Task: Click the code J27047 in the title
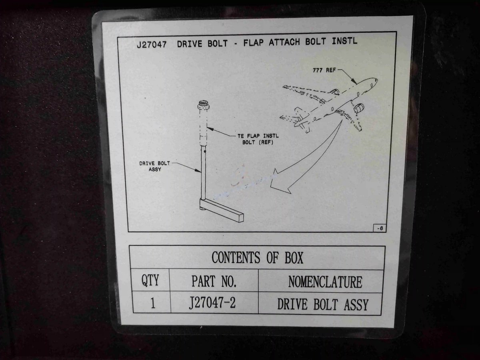(152, 44)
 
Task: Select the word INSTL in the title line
(344, 41)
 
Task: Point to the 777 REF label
(324, 70)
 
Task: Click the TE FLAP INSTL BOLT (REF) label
(258, 139)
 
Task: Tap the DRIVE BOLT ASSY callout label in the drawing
(155, 166)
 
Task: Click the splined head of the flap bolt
(202, 104)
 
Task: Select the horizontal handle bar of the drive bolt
(222, 210)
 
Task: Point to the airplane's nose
(375, 80)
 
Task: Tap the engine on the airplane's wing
(359, 108)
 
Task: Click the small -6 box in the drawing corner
(380, 228)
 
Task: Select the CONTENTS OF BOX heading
(257, 258)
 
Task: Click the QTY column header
(150, 280)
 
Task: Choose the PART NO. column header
(214, 281)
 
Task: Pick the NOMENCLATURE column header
(325, 282)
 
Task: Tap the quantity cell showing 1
(153, 303)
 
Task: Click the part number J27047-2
(212, 303)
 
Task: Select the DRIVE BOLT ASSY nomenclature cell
(323, 304)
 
